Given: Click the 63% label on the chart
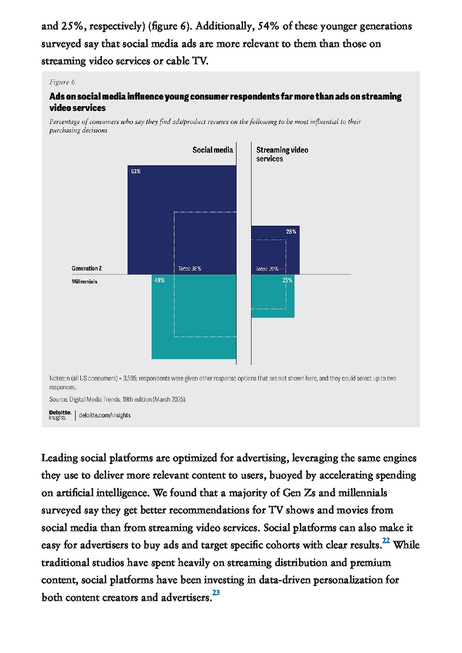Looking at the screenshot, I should pyautogui.click(x=136, y=171).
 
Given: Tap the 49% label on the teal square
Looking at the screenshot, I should pyautogui.click(x=159, y=280).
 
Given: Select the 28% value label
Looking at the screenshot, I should pyautogui.click(x=291, y=231).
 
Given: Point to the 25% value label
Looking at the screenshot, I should pyautogui.click(x=287, y=280).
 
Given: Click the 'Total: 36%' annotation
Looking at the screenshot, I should pyautogui.click(x=189, y=269).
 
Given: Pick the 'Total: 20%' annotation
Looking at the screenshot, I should pyautogui.click(x=267, y=269).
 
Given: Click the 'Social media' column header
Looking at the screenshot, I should pyautogui.click(x=212, y=150).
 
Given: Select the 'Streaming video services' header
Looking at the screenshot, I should pyautogui.click(x=282, y=154).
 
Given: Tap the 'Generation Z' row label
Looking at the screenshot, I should pyautogui.click(x=87, y=269).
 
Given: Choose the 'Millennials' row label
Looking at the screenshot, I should pyautogui.click(x=84, y=282).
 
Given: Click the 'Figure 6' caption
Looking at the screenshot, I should pyautogui.click(x=62, y=82).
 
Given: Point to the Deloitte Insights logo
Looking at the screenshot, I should pyautogui.click(x=60, y=415).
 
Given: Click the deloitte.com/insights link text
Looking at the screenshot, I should pyautogui.click(x=105, y=415).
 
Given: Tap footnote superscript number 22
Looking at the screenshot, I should pyautogui.click(x=386, y=540).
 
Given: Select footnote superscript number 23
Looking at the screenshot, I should pyautogui.click(x=216, y=592).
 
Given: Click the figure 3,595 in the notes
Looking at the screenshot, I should pyautogui.click(x=130, y=378).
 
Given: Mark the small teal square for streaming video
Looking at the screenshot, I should pyautogui.click(x=272, y=296).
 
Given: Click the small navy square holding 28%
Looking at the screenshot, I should pyautogui.click(x=275, y=250).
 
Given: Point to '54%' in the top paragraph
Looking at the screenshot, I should pyautogui.click(x=268, y=26).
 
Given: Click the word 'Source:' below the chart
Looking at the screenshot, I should pyautogui.click(x=58, y=399).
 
